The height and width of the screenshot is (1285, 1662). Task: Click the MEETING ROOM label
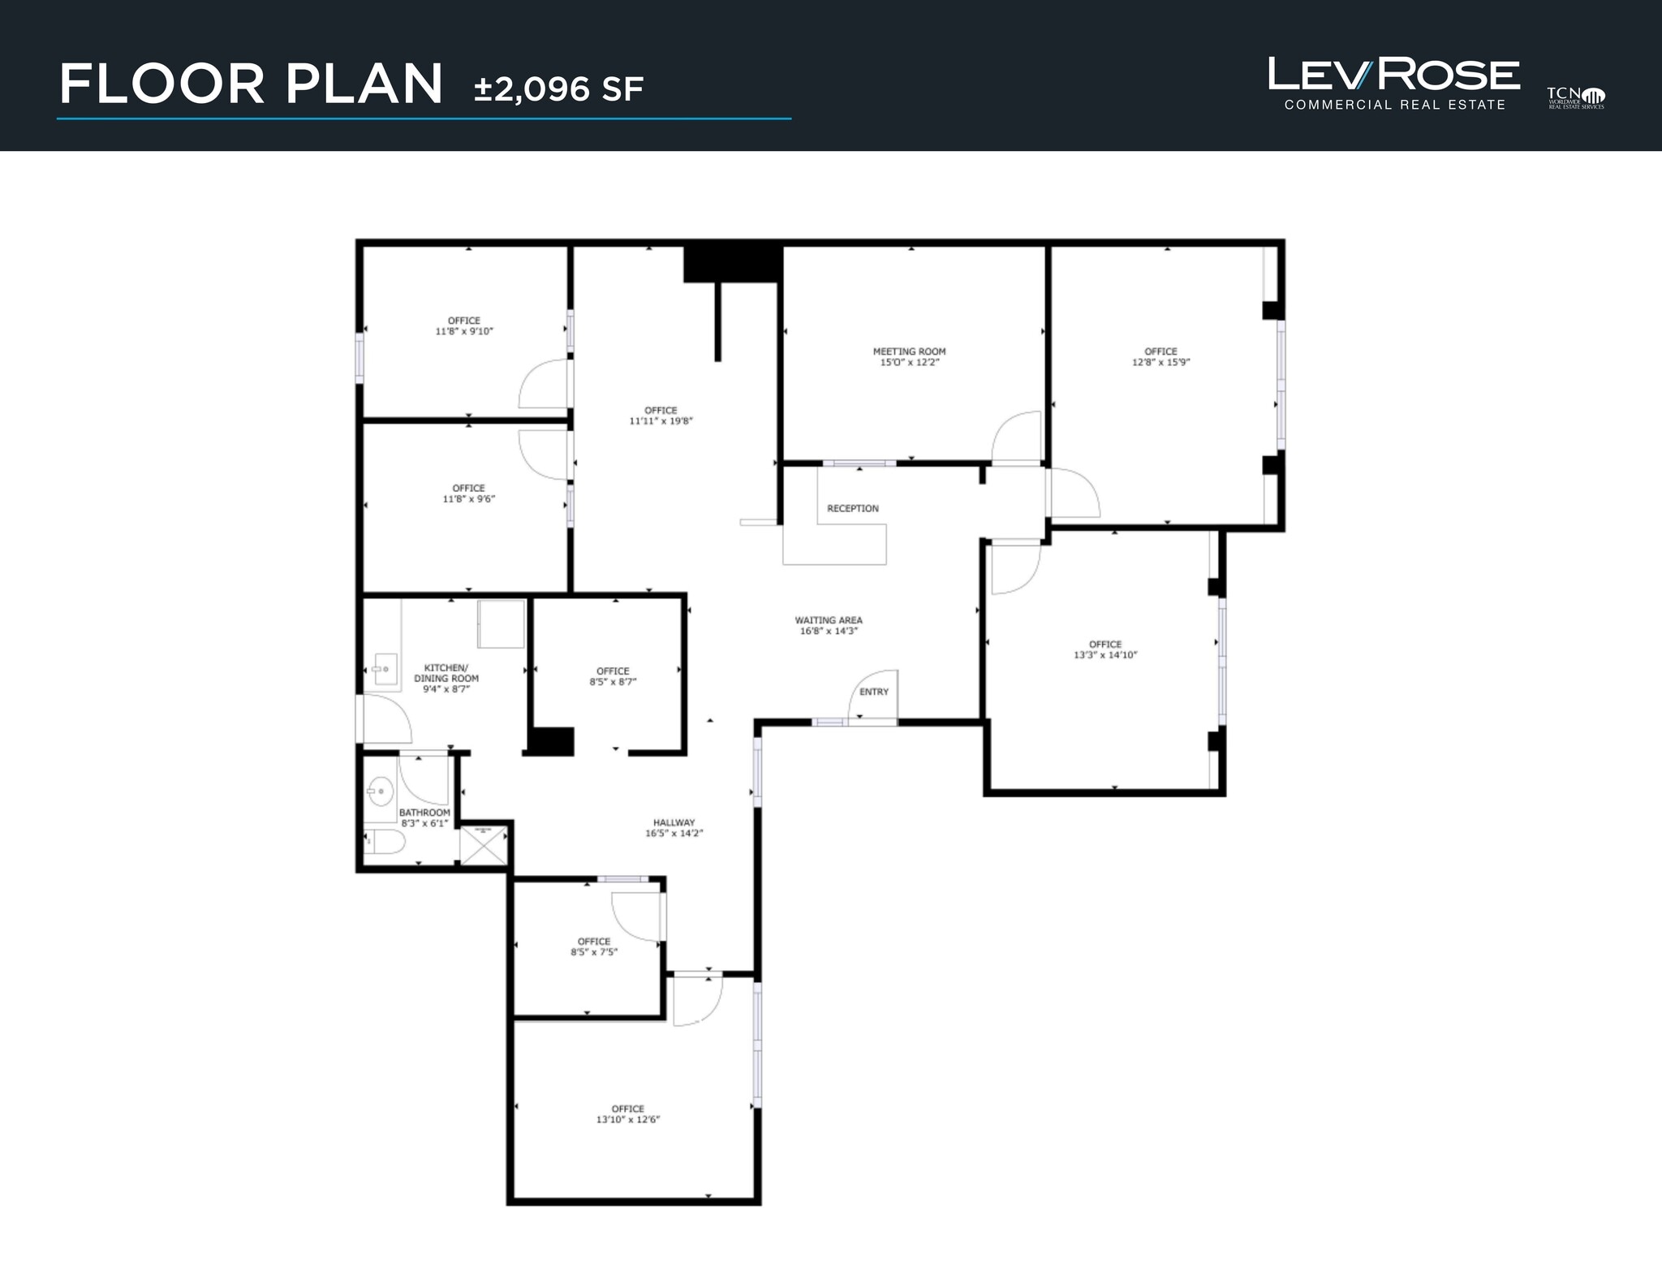coord(909,351)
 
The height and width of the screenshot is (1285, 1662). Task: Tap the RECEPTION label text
coord(852,509)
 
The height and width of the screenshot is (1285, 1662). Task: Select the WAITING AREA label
coord(828,620)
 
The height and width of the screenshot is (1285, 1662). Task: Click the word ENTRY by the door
coord(874,692)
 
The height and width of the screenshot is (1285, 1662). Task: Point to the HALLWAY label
coord(674,822)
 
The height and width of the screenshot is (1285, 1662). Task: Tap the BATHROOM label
coord(424,813)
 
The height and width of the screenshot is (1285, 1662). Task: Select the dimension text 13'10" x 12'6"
coord(628,1119)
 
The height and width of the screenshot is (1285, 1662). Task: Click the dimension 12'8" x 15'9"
coord(1160,363)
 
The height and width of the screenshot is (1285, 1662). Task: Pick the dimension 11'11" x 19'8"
coord(661,421)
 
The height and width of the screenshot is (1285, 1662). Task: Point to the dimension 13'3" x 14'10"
coord(1105,655)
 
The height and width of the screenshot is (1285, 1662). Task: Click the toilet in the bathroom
coord(385,842)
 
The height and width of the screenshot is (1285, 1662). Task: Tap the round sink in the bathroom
coord(379,789)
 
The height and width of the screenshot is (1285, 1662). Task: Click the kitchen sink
coord(382,670)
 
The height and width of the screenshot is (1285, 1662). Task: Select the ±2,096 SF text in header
coord(558,89)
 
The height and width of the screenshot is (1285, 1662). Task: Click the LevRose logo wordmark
coord(1393,75)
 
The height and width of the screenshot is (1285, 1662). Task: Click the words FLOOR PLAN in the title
coord(251,84)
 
